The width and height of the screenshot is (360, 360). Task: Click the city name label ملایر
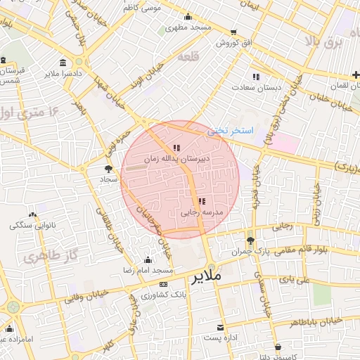point(205,277)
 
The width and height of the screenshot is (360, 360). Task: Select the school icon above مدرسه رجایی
point(202,202)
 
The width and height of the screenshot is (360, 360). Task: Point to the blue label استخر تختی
point(229,131)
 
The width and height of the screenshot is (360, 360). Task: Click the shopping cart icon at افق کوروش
point(233,32)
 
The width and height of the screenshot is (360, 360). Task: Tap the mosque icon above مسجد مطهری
point(187,18)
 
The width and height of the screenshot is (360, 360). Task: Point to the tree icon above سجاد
point(108,169)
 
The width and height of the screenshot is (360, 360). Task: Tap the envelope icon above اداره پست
point(221,328)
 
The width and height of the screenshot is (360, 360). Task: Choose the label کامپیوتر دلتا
point(278,356)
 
